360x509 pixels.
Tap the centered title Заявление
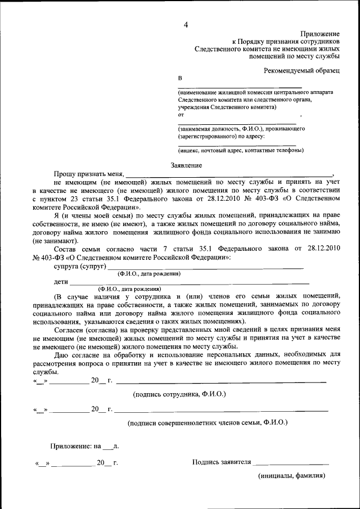tap(186, 165)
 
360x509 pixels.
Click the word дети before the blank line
tap(61, 281)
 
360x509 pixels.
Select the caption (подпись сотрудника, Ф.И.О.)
tap(179, 394)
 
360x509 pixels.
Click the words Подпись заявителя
tap(221, 462)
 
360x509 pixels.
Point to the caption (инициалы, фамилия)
tap(291, 476)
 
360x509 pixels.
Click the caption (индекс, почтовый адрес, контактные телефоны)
tap(241, 150)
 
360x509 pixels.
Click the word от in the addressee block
tap(181, 114)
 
